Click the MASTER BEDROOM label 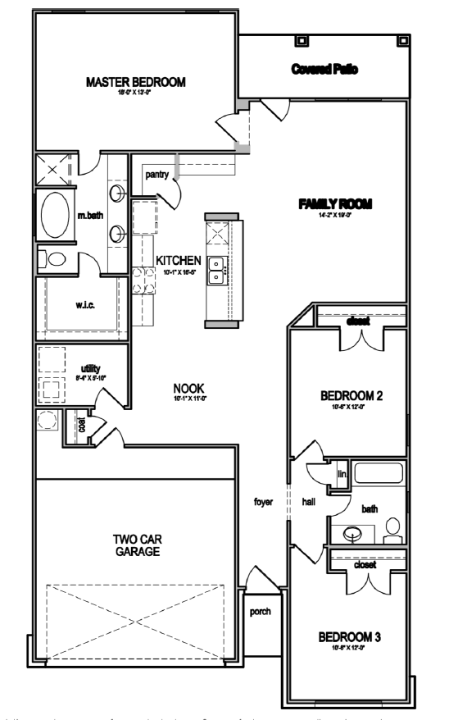136,82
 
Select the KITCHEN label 179,260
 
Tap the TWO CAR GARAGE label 136,545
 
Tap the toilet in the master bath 55,260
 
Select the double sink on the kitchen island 218,270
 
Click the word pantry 156,175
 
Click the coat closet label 81,426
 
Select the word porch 261,610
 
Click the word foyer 265,499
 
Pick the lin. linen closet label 342,474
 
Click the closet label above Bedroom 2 357,321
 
